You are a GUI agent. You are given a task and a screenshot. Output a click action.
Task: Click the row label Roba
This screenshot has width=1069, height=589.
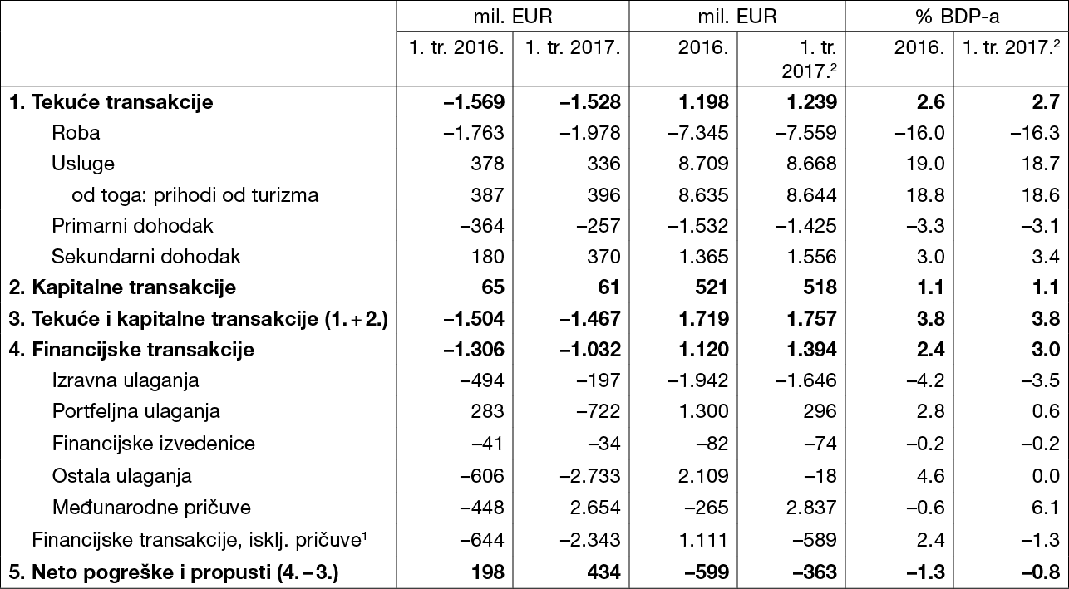coord(76,133)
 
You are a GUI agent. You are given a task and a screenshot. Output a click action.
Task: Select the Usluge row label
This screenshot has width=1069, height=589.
coord(83,164)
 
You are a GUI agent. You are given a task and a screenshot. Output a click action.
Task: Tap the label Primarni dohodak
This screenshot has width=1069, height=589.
coord(132,226)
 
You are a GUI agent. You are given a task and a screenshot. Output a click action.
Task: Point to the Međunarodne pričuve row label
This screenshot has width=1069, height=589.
coord(151,507)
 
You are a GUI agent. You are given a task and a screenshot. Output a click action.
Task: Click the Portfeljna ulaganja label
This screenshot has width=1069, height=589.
coord(136,411)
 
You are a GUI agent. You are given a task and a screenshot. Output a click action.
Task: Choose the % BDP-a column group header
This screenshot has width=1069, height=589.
coord(958,17)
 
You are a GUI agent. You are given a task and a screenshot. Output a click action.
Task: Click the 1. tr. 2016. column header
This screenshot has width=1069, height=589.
coord(456,47)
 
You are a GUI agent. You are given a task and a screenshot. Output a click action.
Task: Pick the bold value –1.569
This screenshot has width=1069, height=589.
coord(474,102)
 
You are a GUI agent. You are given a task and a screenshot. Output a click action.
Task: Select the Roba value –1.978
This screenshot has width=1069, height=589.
coord(590,133)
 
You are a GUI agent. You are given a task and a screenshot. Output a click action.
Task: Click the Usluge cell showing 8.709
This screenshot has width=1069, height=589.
coord(703,164)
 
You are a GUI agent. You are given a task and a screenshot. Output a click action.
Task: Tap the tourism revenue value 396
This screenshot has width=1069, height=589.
coord(603,194)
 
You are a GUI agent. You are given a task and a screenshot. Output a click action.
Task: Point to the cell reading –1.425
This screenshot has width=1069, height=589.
coord(806,226)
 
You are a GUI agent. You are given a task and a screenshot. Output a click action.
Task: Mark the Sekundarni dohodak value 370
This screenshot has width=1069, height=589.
coord(603,257)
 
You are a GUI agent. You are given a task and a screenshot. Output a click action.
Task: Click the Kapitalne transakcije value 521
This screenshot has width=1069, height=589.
coord(711,287)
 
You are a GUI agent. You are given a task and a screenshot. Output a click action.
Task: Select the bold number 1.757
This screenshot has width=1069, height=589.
coord(812,318)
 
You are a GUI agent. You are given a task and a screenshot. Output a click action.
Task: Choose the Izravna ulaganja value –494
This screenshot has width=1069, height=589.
coord(482,380)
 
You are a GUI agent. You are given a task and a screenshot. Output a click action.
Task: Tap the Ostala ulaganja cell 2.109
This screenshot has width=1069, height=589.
coord(703,475)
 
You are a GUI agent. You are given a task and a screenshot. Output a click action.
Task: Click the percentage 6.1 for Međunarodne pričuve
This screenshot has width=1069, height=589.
coord(1045,507)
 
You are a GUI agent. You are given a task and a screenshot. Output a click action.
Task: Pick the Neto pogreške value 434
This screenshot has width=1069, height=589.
coord(603,572)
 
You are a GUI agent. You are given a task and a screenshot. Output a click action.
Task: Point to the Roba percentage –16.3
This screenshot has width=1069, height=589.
coord(1035,133)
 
